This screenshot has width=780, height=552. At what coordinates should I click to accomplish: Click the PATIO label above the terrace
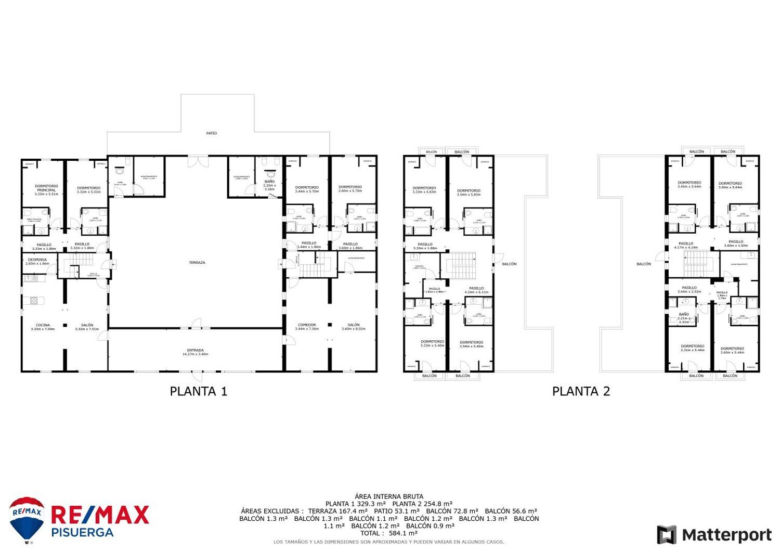211,133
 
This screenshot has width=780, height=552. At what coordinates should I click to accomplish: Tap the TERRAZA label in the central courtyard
197,263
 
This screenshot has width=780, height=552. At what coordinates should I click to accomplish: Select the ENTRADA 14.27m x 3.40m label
195,352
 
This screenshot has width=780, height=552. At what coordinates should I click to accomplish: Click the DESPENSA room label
37,261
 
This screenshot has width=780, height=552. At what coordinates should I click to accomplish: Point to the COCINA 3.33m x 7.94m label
43,327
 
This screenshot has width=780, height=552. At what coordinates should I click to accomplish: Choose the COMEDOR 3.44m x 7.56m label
307,327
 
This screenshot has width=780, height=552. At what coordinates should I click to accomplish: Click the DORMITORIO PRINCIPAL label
46,190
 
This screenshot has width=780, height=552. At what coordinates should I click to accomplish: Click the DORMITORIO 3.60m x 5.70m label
350,189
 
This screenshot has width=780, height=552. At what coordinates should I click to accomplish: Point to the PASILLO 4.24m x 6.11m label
476,290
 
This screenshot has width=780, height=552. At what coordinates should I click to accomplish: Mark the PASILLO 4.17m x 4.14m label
686,245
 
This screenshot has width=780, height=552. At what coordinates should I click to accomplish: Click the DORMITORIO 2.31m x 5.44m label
692,348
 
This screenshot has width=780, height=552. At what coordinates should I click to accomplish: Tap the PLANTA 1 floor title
199,391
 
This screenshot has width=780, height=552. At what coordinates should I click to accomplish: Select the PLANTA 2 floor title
581,391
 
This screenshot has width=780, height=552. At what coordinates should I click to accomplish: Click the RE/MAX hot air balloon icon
27,519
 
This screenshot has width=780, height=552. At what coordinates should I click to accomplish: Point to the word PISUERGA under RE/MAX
82,532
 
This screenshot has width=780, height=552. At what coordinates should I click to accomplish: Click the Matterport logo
714,535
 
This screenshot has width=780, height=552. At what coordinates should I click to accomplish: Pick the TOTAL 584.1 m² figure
389,533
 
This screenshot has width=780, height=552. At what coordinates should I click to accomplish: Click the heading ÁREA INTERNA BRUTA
389,496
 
